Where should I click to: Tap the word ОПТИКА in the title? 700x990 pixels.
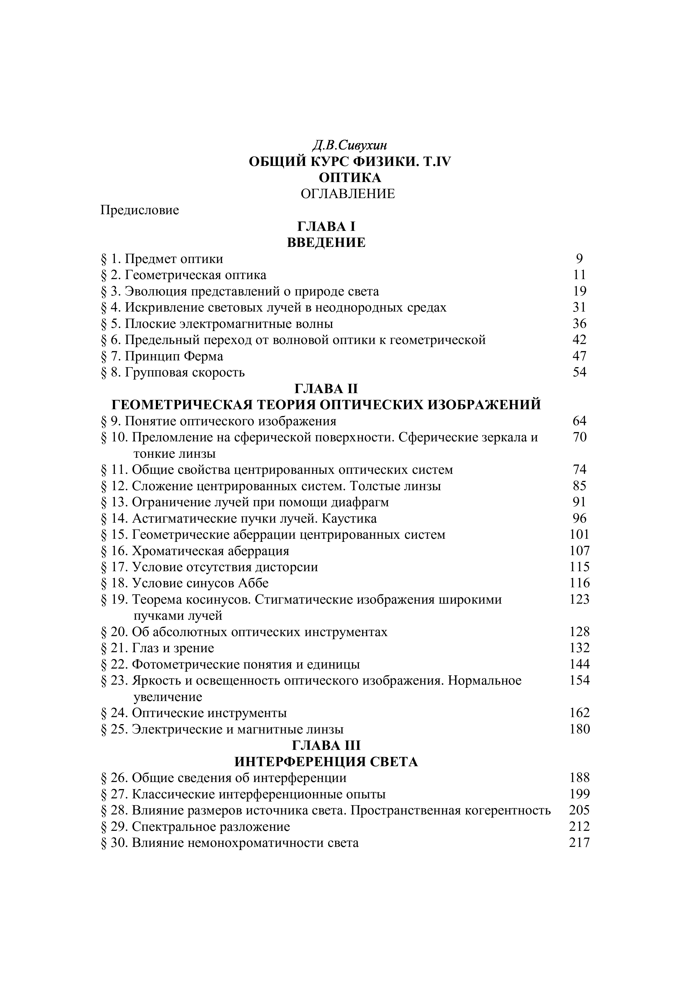tap(350, 178)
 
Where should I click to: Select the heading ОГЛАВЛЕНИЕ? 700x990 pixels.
tap(348, 194)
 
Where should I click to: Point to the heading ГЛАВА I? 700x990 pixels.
tap(326, 227)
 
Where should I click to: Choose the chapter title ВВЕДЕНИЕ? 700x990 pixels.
tap(326, 243)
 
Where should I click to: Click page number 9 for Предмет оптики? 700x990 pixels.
tap(579, 259)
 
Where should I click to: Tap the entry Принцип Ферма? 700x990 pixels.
tap(174, 357)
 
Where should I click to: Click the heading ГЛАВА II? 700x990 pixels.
tap(326, 389)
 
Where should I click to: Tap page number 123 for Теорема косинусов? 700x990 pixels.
tap(579, 599)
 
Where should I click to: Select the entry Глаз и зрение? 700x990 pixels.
tap(173, 648)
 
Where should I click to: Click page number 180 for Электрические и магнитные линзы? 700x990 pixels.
tap(579, 729)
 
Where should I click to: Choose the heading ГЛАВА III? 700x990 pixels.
tap(326, 746)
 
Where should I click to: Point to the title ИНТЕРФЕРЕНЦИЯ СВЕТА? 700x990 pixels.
tap(326, 762)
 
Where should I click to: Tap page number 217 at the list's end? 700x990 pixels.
tap(579, 843)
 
